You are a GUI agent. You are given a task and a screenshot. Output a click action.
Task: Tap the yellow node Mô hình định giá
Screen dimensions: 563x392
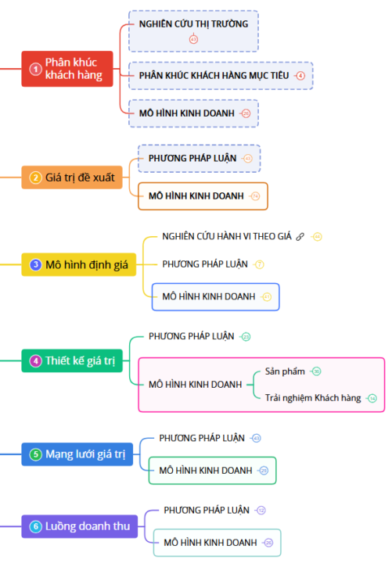click(x=78, y=265)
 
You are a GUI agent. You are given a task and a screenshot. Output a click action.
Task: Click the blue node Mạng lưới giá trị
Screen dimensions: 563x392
click(x=77, y=454)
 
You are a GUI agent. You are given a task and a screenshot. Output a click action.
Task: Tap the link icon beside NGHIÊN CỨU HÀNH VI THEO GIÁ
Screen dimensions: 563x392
click(x=300, y=236)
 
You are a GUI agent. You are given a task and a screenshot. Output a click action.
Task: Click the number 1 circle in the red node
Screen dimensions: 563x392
click(x=34, y=69)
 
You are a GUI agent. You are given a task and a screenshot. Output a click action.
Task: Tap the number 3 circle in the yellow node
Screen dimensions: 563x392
click(x=35, y=265)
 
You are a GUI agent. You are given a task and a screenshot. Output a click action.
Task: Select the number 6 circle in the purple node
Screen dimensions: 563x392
click(x=35, y=526)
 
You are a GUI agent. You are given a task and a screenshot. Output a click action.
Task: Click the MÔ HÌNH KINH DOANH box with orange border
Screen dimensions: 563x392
click(x=203, y=195)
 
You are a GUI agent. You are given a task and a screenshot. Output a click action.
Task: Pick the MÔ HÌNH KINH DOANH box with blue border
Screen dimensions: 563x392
click(x=215, y=296)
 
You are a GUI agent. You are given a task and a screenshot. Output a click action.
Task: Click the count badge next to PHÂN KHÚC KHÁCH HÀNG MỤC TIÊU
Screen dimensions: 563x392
click(x=300, y=75)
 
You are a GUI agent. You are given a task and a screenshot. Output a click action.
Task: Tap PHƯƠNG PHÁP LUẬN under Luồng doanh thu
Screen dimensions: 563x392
click(x=207, y=510)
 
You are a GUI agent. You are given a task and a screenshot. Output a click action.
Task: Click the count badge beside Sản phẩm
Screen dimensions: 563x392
click(x=316, y=371)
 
